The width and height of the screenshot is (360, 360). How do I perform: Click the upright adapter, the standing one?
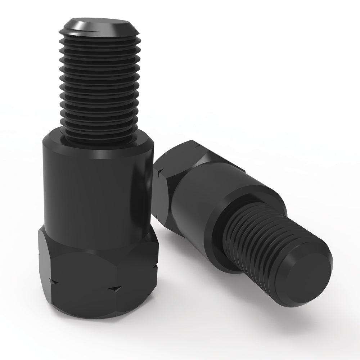[x=97, y=216]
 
